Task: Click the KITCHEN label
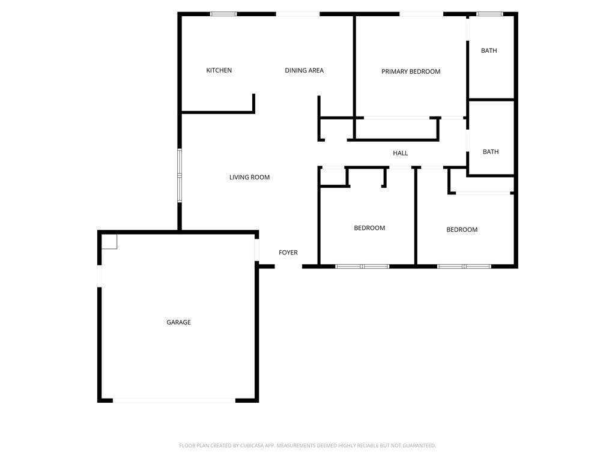tap(219, 70)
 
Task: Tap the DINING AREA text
tap(304, 70)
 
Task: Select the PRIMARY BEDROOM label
tap(411, 71)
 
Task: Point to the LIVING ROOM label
tap(249, 177)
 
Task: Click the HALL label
tap(401, 153)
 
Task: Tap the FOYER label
tap(288, 253)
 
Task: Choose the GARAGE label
tap(178, 322)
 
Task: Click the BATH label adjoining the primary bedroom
tap(489, 50)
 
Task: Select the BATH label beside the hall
tap(491, 152)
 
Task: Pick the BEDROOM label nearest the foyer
tap(369, 228)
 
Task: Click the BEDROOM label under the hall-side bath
tap(462, 230)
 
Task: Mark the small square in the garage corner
tap(109, 241)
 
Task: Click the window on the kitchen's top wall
tap(223, 14)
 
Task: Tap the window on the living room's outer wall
tap(179, 175)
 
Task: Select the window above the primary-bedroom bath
tap(489, 14)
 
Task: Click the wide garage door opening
tap(174, 400)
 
